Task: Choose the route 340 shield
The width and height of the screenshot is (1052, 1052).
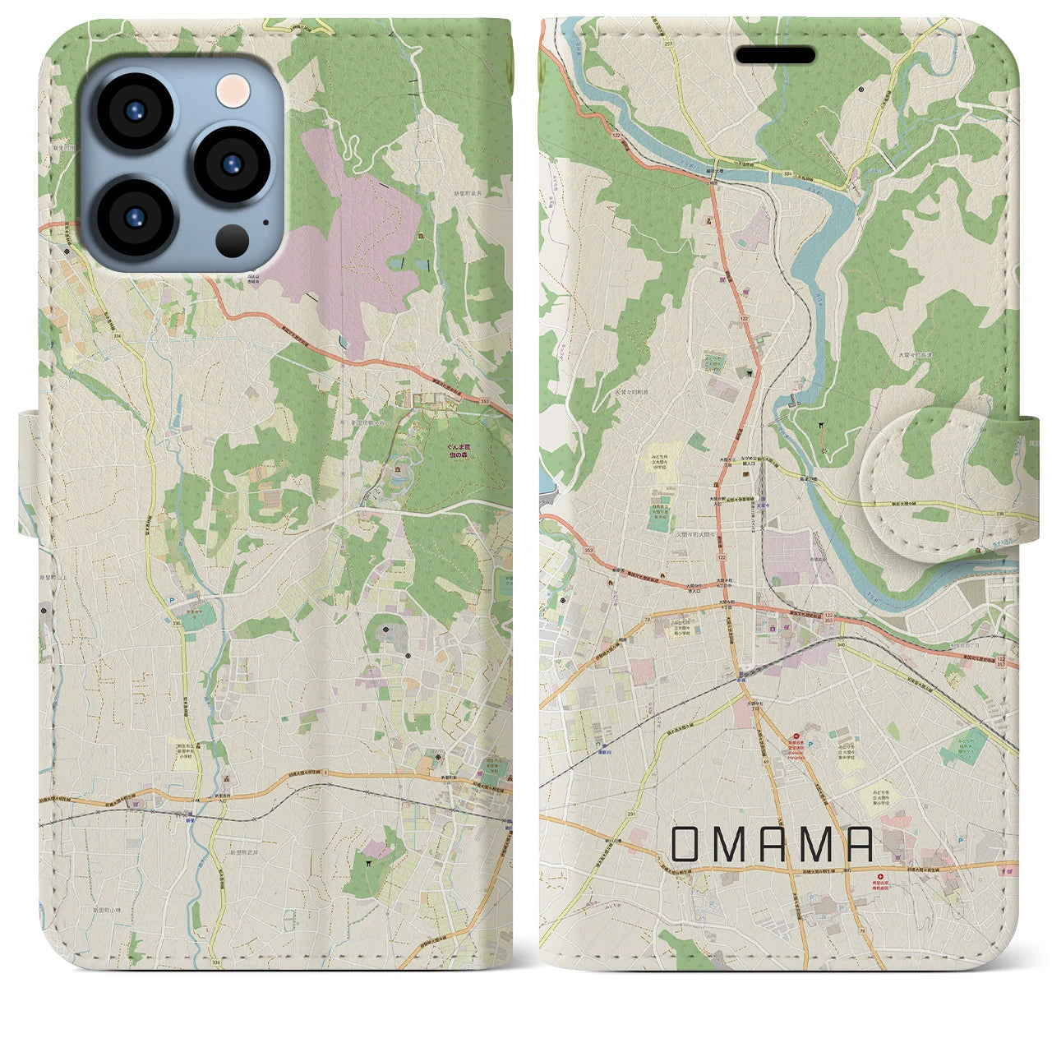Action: (839, 644)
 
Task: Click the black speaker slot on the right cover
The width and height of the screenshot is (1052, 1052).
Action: (775, 55)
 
